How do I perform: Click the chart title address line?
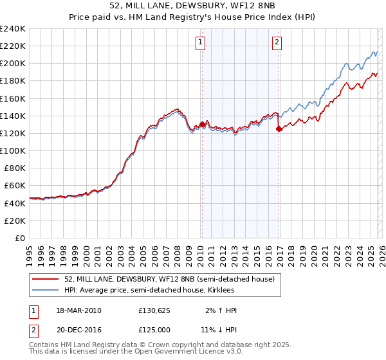[193, 6]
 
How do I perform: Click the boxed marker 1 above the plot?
[201, 43]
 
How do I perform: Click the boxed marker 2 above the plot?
[277, 43]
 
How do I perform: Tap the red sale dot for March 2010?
[202, 124]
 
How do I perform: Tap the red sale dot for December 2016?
[279, 129]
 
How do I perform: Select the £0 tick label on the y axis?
[19, 238]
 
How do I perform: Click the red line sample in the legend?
[46, 279]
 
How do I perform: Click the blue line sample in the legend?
[46, 290]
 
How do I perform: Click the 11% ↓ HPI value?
[219, 329]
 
